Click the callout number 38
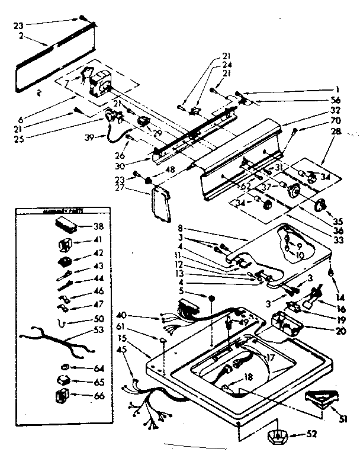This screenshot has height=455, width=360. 98,226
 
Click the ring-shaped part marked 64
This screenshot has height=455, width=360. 63,367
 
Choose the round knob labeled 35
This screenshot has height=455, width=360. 322,206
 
